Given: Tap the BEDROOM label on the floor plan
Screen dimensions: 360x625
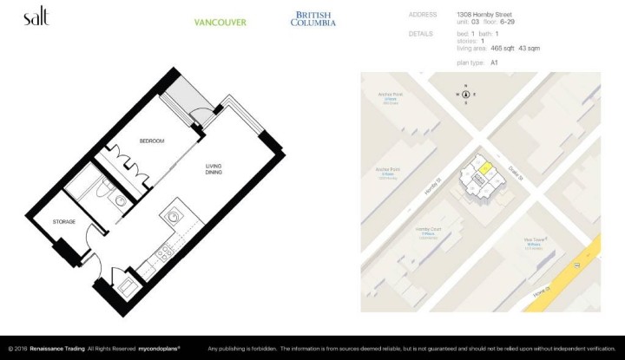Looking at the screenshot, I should point(152,141).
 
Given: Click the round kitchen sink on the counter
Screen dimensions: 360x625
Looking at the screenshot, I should point(174,214).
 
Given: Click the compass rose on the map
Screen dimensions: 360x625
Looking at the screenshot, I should point(467,94).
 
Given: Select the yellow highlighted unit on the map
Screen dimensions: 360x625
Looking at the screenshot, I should point(485,167).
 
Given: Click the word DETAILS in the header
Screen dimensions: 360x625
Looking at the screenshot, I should point(420,34).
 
